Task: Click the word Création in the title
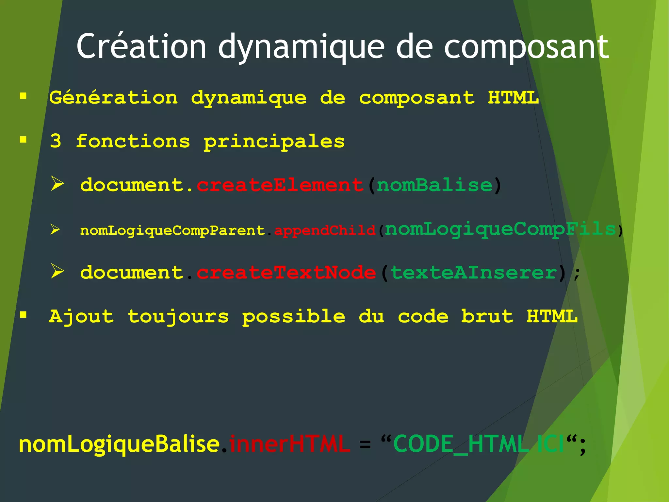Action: pyautogui.click(x=141, y=46)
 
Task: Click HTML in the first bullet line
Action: pyautogui.click(x=513, y=98)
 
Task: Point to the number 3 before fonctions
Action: pyautogui.click(x=56, y=142)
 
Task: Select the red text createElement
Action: pyautogui.click(x=280, y=185)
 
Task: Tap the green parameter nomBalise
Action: pyautogui.click(x=434, y=185)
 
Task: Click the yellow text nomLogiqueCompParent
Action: pyautogui.click(x=172, y=230)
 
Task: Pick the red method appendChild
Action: pyautogui.click(x=325, y=230)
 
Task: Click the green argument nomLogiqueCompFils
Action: pyautogui.click(x=500, y=229)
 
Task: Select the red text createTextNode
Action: pyautogui.click(x=286, y=273)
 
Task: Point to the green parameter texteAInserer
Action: pyautogui.click(x=474, y=273)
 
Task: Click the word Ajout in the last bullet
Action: pyautogui.click(x=81, y=316)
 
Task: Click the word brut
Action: pyautogui.click(x=487, y=316)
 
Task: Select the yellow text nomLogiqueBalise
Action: pyautogui.click(x=119, y=444)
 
